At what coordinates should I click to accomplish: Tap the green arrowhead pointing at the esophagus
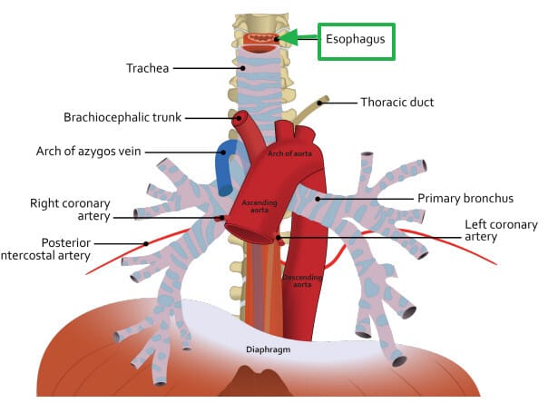[x=289, y=37]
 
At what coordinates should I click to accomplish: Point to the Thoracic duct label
[x=396, y=103]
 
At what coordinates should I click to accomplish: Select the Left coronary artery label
[x=500, y=231]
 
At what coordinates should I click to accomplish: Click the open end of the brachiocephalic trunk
[x=240, y=117]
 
